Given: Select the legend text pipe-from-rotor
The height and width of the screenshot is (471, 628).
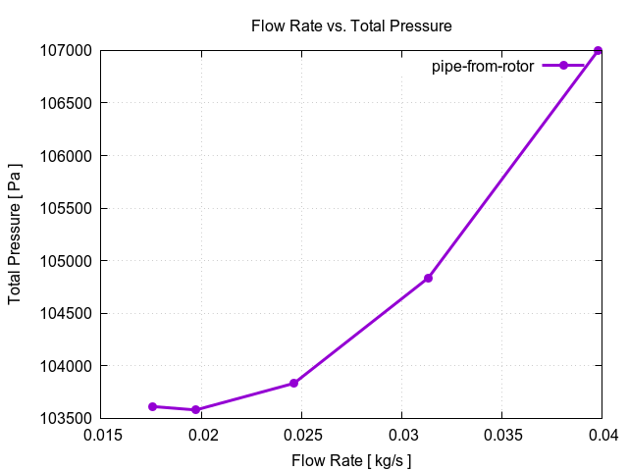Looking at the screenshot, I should click(484, 66).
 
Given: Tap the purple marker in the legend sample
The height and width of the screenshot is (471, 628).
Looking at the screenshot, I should click(562, 66).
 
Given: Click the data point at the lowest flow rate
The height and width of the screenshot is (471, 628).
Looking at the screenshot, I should click(152, 406).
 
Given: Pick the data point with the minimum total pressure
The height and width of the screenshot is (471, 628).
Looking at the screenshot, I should click(196, 410).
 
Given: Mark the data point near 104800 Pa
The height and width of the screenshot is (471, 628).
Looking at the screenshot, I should click(428, 279).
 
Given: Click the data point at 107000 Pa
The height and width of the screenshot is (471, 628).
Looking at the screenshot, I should click(598, 51).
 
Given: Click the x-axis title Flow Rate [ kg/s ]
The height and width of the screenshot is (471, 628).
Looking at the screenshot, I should click(351, 459).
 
